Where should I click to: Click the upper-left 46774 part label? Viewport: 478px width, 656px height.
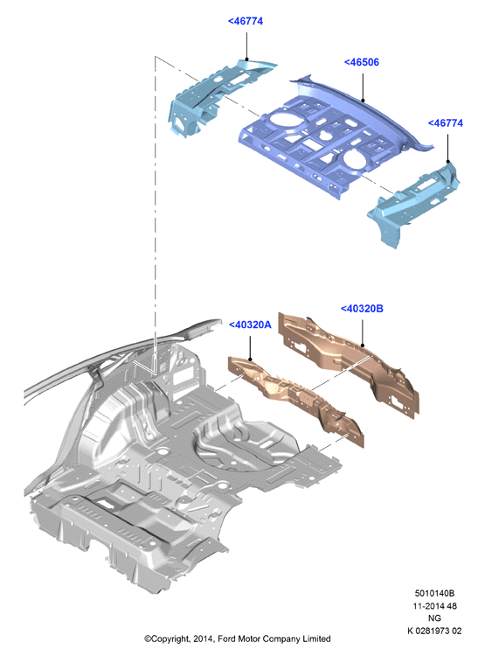[246, 21]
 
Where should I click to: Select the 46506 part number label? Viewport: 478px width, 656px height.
[362, 62]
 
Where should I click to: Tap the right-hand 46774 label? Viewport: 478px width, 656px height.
[446, 123]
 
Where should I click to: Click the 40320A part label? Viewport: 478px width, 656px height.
[250, 325]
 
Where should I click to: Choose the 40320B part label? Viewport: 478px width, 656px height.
[362, 309]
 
